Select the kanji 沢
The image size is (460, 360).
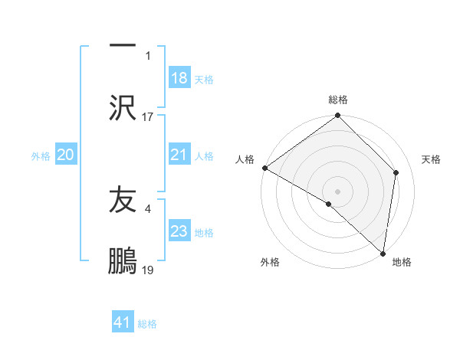(x=123, y=107)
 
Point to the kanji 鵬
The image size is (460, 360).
(x=123, y=260)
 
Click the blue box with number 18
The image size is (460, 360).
(x=179, y=78)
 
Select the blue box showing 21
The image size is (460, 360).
(x=179, y=155)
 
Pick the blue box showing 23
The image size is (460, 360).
(x=179, y=231)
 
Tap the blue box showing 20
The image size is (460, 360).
(x=66, y=155)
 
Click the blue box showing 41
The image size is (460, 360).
(x=123, y=322)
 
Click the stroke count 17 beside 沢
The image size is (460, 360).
(x=148, y=117)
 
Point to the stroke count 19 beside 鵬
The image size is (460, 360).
(x=148, y=270)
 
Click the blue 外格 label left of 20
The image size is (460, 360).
(x=41, y=155)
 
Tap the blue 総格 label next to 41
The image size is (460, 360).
(x=147, y=323)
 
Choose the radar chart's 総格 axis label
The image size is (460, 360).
(x=338, y=100)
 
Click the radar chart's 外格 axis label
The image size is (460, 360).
(x=270, y=263)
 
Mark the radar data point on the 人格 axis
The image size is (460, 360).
(x=264, y=168)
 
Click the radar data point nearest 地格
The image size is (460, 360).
(x=383, y=254)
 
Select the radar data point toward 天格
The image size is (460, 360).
(x=396, y=173)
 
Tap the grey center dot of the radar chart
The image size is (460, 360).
(x=337, y=191)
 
